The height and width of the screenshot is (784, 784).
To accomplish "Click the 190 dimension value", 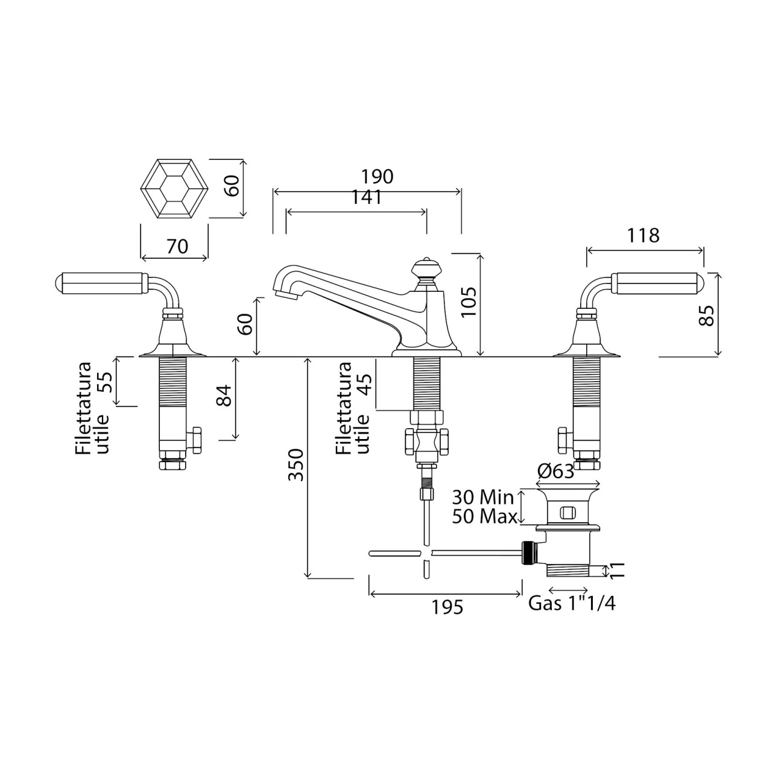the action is tap(377, 177).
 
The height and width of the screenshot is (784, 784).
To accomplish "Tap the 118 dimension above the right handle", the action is tap(643, 235).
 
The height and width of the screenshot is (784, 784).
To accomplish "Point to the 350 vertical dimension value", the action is tap(297, 464).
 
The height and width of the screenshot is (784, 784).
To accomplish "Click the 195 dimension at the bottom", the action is tap(447, 607).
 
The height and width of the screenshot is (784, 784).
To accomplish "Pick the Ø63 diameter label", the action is tap(555, 472).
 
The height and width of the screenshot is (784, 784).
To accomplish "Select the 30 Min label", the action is tap(483, 497).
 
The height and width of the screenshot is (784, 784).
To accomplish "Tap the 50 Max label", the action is tap(484, 517).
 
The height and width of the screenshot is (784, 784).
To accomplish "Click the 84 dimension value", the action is tap(224, 395).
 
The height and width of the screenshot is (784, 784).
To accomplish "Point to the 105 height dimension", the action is tap(469, 302).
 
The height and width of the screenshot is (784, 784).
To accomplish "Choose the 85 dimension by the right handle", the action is tap(707, 315).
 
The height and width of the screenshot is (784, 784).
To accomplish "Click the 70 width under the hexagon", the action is tap(177, 246).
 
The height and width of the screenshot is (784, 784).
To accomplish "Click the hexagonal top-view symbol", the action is tap(174, 188).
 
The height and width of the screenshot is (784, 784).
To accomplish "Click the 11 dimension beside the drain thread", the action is tap(617, 571).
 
